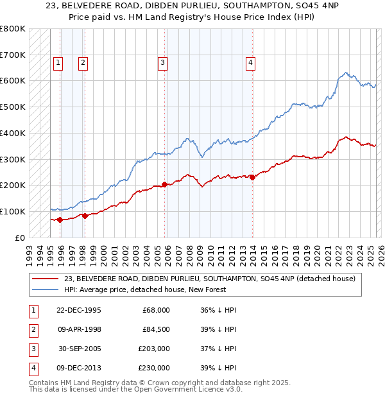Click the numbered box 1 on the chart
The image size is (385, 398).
[x=58, y=62]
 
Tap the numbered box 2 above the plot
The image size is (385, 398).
[x=83, y=62]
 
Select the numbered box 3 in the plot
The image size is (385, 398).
[x=163, y=62]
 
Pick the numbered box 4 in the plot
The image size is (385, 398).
[x=250, y=62]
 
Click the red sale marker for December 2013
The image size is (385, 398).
[x=252, y=177]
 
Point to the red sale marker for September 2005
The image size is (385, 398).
[x=165, y=184]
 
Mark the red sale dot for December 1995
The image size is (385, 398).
[x=60, y=220]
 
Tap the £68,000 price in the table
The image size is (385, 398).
[x=157, y=310]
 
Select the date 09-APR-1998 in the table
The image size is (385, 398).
[x=80, y=329]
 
